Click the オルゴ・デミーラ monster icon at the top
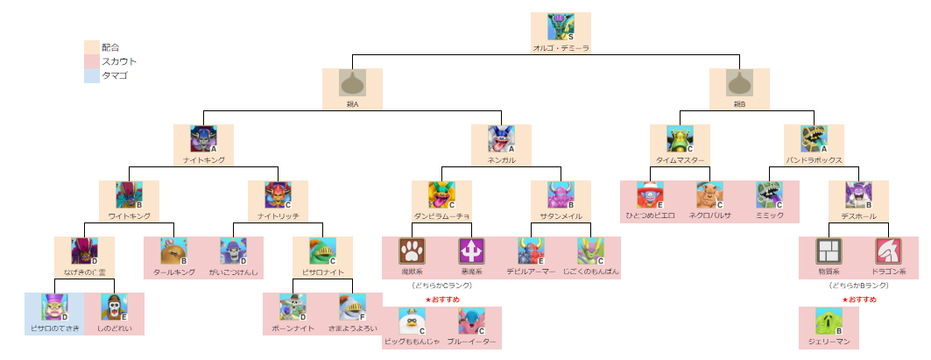pyautogui.click(x=561, y=26)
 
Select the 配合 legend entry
pyautogui.click(x=109, y=47)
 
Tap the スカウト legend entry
pyautogui.click(x=118, y=61)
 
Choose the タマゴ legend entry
pyautogui.click(x=114, y=76)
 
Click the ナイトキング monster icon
pyautogui.click(x=204, y=138)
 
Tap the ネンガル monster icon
pyautogui.click(x=501, y=138)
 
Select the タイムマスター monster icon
pyautogui.click(x=680, y=138)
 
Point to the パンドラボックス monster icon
pyautogui.click(x=814, y=138)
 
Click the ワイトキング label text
pyautogui.click(x=130, y=215)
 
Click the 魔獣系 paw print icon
pyautogui.click(x=412, y=251)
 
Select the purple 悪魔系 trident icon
pyautogui.click(x=471, y=251)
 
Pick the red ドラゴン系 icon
pyautogui.click(x=887, y=251)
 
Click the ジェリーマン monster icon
pyautogui.click(x=829, y=321)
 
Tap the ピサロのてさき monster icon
pyautogui.click(x=54, y=307)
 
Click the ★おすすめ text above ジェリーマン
pyautogui.click(x=859, y=300)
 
